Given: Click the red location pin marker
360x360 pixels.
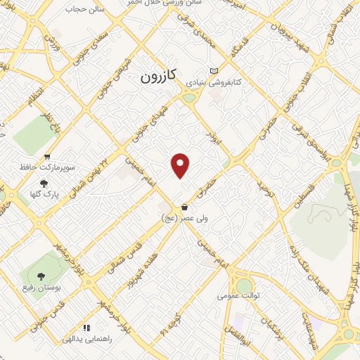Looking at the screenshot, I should point(181,165).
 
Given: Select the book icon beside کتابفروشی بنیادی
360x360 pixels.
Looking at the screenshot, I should point(214,72).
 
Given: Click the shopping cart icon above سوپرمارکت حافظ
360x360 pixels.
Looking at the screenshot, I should point(47,157).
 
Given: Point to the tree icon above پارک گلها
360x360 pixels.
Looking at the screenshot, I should point(44,184).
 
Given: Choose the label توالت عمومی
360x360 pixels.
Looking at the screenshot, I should point(243,296).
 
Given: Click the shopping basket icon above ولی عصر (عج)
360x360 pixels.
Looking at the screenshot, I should point(184,207).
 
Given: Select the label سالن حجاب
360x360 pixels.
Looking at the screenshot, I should point(84,10).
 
